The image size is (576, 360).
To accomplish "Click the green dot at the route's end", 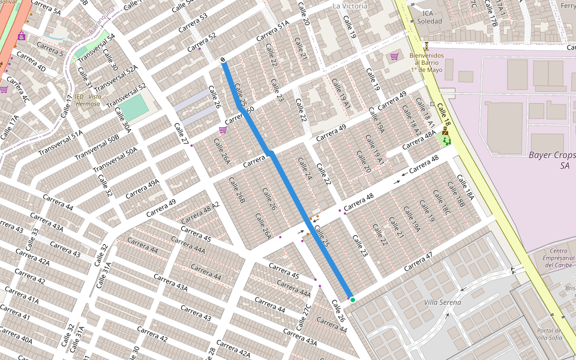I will [x=353, y=300].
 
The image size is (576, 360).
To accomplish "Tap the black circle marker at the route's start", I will [x=223, y=60].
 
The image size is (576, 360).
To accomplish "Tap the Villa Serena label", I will [x=442, y=302].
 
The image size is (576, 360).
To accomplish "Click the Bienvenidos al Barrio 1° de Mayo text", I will [x=427, y=62].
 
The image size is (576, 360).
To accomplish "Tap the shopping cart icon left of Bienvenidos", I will [x=394, y=56].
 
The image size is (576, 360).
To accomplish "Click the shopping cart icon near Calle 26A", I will [x=223, y=130].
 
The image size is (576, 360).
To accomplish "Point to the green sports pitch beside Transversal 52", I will [x=137, y=107].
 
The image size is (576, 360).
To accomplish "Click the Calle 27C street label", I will [x=305, y=317].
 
